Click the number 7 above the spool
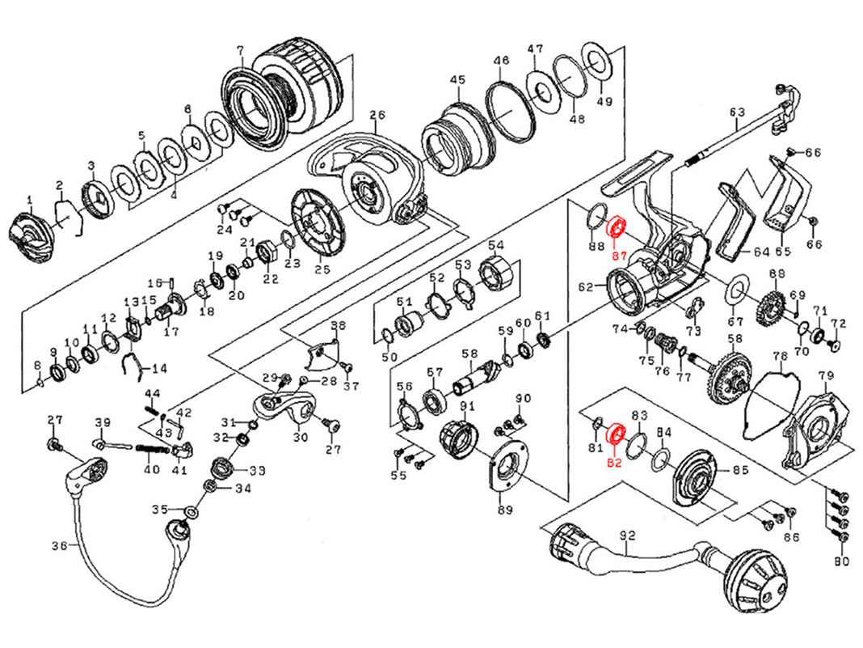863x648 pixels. click(239, 50)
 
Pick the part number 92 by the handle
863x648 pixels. click(626, 536)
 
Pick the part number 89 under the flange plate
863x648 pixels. click(504, 510)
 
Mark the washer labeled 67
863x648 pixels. click(736, 289)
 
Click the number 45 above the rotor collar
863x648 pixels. click(457, 80)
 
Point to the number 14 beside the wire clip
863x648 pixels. click(159, 369)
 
